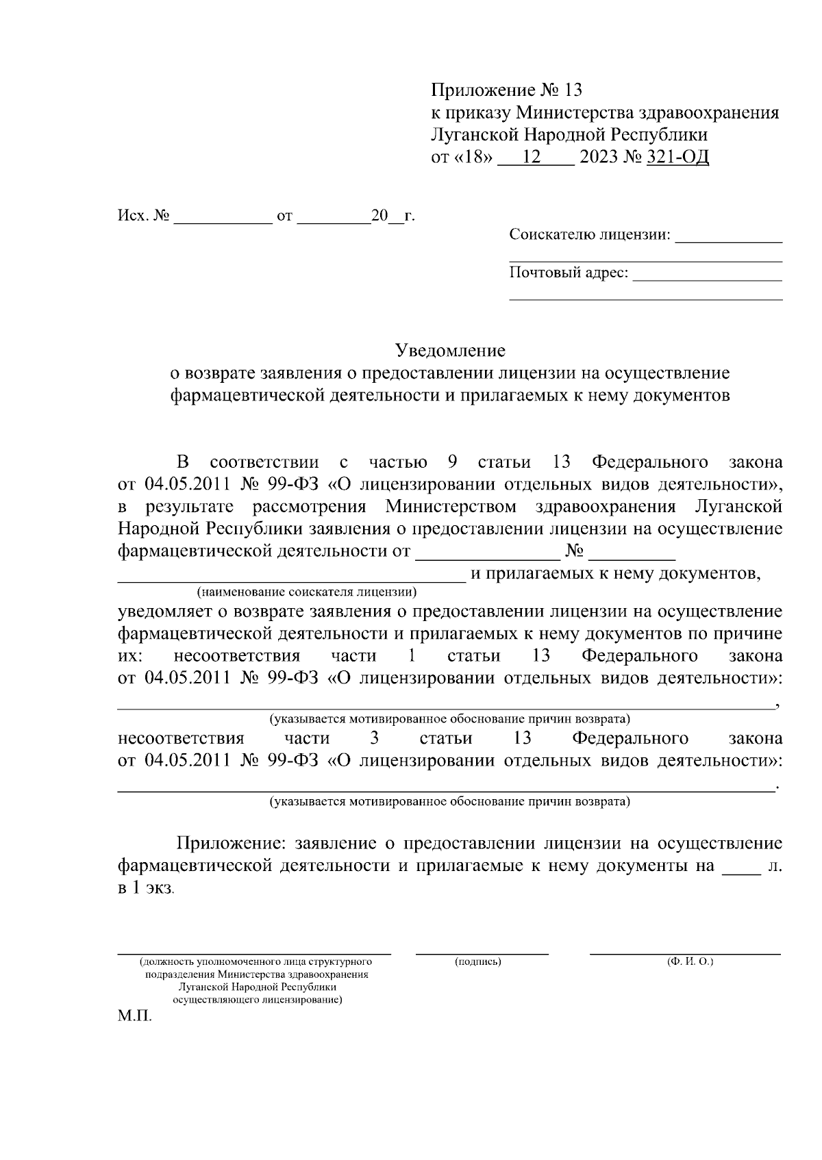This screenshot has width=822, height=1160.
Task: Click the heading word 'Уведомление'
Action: click(451, 351)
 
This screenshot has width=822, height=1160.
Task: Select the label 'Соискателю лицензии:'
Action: click(589, 235)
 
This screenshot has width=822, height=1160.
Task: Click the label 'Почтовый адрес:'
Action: click(569, 273)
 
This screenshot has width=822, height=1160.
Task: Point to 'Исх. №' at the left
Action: click(143, 216)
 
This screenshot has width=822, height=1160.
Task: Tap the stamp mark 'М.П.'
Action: click(134, 1016)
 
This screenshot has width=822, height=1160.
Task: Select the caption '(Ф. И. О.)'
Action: click(690, 962)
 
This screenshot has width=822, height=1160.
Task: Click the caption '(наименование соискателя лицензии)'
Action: click(306, 591)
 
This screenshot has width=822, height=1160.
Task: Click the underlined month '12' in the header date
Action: click(532, 157)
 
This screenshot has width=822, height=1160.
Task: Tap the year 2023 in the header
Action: click(597, 157)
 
